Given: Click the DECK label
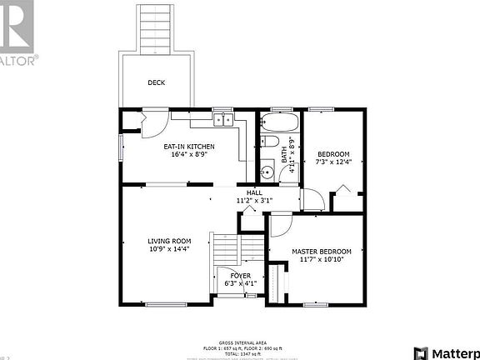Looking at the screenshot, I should coord(156,82).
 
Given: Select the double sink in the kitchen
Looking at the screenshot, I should coord(222,120).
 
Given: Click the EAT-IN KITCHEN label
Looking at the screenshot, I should coord(188,147).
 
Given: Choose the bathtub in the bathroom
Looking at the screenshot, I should coord(275,125).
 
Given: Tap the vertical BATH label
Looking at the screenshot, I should coord(284,155).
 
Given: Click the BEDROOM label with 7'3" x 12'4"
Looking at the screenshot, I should coord(333,153).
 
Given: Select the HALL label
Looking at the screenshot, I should coord(254,192).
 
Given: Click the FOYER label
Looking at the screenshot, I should coord(241,275).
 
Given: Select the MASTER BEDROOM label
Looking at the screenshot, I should coord(321,251).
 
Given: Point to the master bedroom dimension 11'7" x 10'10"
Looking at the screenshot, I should coord(321,259).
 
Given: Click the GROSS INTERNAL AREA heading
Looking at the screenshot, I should coord(243,342).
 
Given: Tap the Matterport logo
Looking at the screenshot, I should coord(446,351).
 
